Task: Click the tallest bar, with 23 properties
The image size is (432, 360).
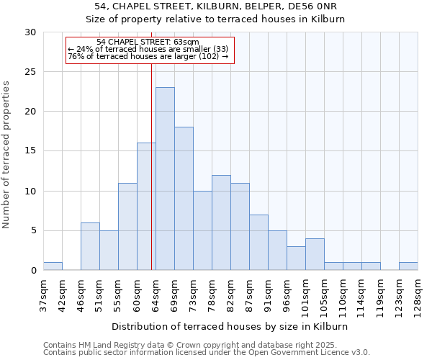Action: pyautogui.click(x=165, y=179)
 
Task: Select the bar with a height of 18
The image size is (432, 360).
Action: pyautogui.click(x=184, y=199)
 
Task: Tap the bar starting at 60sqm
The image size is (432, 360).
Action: pyautogui.click(x=146, y=207)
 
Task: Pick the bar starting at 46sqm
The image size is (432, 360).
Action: pyautogui.click(x=90, y=246)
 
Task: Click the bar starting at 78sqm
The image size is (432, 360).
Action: pyautogui.click(x=221, y=222)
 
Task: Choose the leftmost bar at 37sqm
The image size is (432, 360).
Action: pyautogui.click(x=53, y=266)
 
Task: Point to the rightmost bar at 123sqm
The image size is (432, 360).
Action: pyautogui.click(x=408, y=266)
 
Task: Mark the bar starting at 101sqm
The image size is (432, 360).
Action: pyautogui.click(x=315, y=254)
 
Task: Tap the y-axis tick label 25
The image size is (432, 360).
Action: pyautogui.click(x=31, y=72)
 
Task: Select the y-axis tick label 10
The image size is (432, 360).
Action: pyautogui.click(x=31, y=191)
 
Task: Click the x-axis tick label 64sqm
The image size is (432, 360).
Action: pyautogui.click(x=156, y=293)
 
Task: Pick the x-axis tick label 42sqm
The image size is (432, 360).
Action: pyautogui.click(x=62, y=293)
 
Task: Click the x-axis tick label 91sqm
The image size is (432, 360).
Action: pyautogui.click(x=268, y=293)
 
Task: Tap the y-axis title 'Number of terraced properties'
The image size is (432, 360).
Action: pyautogui.click(x=7, y=155)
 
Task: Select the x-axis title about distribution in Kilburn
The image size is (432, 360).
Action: pyautogui.click(x=230, y=326)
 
